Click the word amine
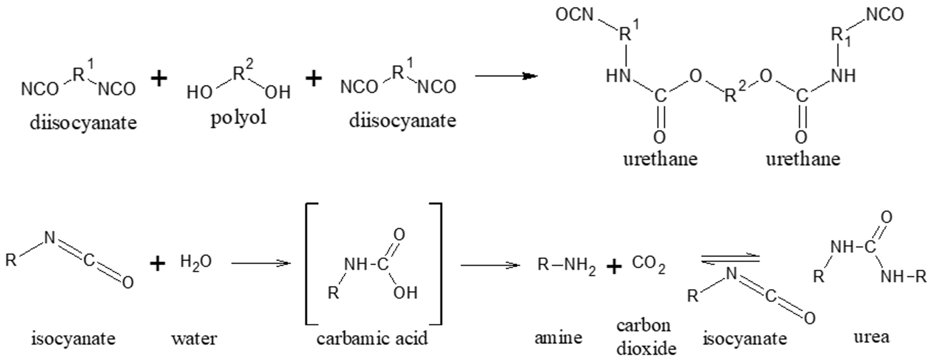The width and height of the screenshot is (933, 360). pos(558,338)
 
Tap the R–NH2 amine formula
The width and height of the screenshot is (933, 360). pos(566,265)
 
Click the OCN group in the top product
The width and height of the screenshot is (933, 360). pos(574,15)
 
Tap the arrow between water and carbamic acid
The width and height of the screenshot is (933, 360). pos(261,263)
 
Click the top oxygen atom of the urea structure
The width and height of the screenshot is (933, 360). pos(886,217)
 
